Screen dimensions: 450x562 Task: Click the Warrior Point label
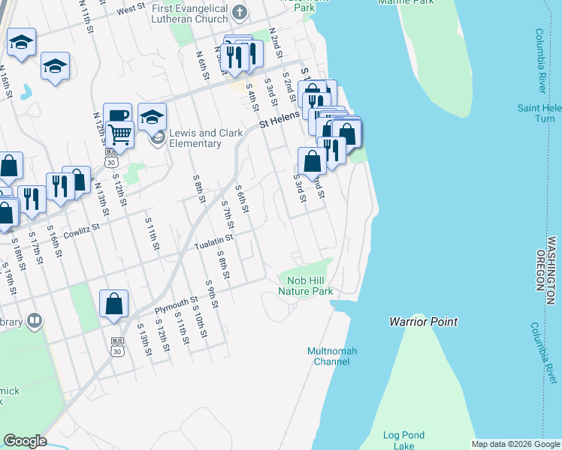(x=423, y=322)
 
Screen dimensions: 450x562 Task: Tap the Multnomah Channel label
(x=332, y=356)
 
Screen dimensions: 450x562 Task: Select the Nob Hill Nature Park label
(x=305, y=285)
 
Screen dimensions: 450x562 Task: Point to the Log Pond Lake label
(x=403, y=440)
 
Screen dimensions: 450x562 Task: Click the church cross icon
(x=240, y=12)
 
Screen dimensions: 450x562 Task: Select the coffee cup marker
(x=117, y=115)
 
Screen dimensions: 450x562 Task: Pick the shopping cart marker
(x=119, y=134)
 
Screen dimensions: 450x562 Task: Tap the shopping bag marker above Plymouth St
(x=113, y=304)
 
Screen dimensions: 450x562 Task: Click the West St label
(x=131, y=9)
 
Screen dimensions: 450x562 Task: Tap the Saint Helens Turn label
(x=536, y=113)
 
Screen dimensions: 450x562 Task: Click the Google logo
(x=26, y=441)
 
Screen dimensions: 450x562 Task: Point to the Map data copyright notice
(x=515, y=444)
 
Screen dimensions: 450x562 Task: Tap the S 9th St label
(x=210, y=294)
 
